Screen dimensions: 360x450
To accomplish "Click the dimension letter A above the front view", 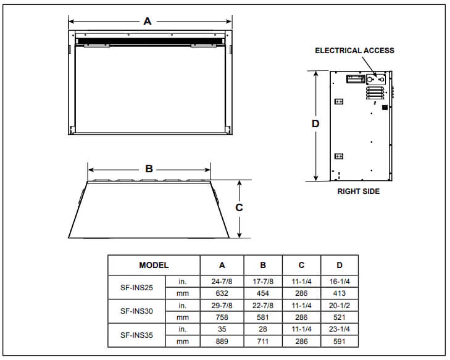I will (148, 22).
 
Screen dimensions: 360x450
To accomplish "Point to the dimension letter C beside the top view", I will (240, 207).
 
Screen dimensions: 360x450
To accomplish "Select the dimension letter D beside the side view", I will (315, 123).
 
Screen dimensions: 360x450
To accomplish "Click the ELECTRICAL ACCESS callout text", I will (354, 51).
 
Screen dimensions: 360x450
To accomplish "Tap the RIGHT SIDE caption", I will (358, 191).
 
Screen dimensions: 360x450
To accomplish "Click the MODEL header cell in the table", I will (154, 265).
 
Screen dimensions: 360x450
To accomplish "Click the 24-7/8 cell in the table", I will (222, 282).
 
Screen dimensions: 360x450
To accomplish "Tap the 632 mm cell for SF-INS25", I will (222, 293).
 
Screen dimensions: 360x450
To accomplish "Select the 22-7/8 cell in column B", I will (262, 306).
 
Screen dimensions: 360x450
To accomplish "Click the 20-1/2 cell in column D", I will (340, 306).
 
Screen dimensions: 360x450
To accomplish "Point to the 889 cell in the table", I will (222, 341).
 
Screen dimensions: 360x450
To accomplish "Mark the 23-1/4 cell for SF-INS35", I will (340, 330).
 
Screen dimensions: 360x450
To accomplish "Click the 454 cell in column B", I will (262, 293).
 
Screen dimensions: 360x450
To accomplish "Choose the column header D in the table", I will (340, 265).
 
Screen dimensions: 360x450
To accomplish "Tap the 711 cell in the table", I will (262, 341).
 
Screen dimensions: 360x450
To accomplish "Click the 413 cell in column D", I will (340, 293).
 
